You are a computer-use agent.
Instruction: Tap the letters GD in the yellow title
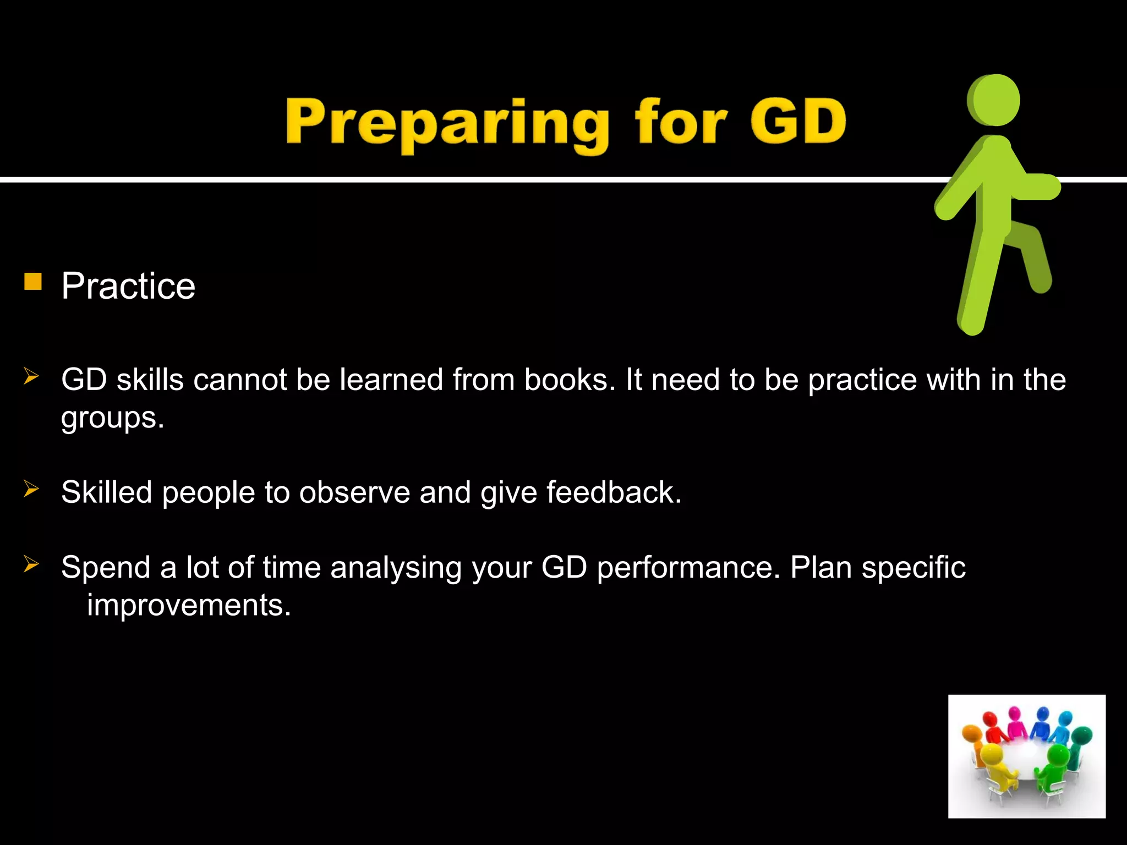coord(798,121)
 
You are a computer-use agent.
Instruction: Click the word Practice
coord(128,286)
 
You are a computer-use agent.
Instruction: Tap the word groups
coord(112,418)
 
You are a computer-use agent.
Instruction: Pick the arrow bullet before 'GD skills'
coord(31,377)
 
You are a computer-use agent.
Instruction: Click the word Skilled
coord(106,492)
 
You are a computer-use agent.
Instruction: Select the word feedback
coord(614,492)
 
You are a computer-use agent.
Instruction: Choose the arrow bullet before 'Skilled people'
coord(31,489)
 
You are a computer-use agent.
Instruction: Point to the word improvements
coord(189,605)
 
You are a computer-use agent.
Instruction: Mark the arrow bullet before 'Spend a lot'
coord(31,564)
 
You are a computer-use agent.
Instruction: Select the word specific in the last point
coord(913,567)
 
